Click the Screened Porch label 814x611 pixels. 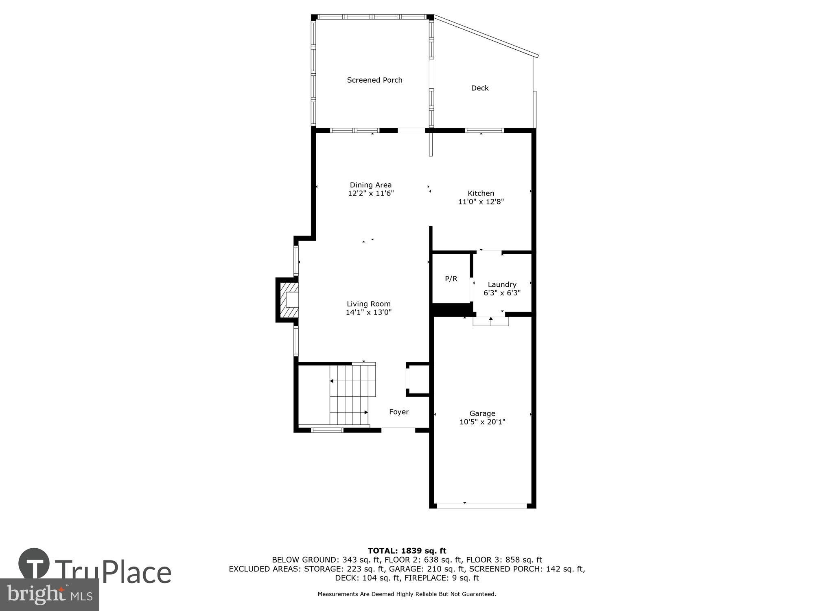(x=374, y=80)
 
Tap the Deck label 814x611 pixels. (x=479, y=88)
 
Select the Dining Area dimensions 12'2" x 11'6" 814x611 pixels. (x=371, y=193)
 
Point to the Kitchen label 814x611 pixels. (x=481, y=193)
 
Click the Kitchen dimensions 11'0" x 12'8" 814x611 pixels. (x=481, y=202)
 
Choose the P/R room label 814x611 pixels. (x=451, y=279)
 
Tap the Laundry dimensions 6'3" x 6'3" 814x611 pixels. (x=502, y=293)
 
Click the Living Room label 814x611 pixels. (x=368, y=304)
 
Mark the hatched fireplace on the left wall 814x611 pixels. (x=288, y=300)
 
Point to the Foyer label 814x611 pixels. (x=399, y=412)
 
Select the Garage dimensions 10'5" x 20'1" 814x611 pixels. (x=482, y=422)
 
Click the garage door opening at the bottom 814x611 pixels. (x=482, y=506)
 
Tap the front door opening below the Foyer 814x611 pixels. (x=398, y=429)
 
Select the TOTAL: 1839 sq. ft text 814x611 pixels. (x=407, y=551)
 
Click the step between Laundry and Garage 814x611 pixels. (x=490, y=321)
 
